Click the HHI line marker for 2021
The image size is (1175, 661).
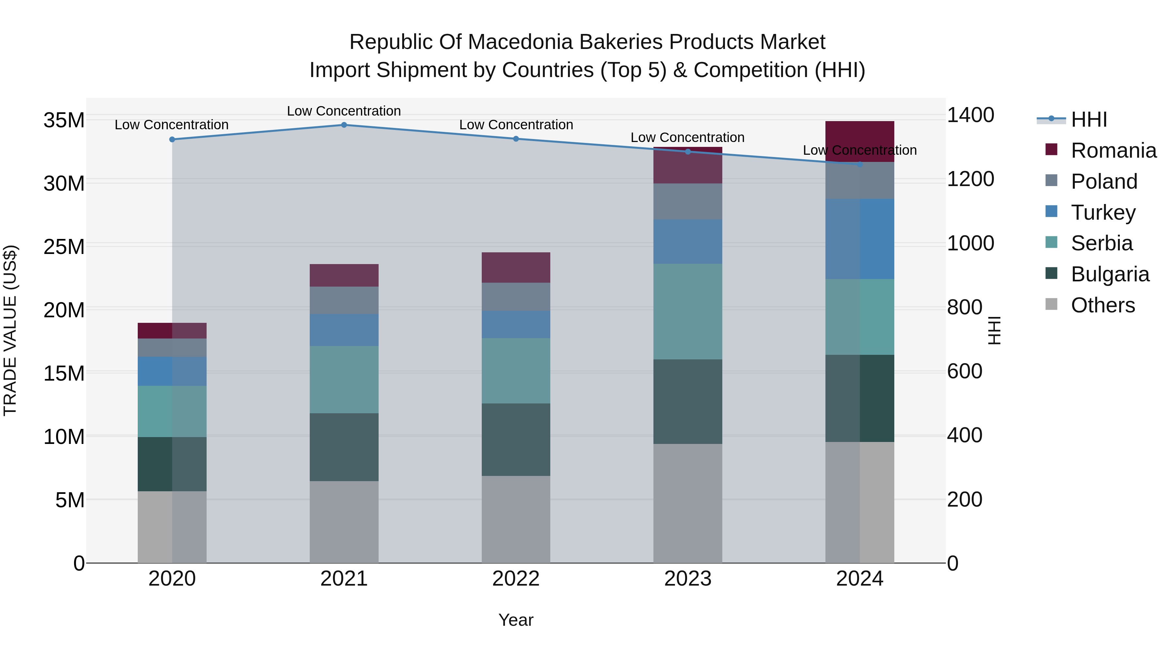click(x=344, y=125)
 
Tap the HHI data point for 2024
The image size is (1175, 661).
click(x=860, y=164)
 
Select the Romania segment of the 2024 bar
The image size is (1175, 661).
click(x=860, y=141)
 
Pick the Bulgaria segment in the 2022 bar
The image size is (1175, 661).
click(x=516, y=440)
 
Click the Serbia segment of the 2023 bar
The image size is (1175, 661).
click(x=688, y=312)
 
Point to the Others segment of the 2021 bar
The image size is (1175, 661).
click(x=344, y=522)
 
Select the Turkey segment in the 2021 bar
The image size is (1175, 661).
click(x=344, y=330)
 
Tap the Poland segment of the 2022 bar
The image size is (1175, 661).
click(x=516, y=297)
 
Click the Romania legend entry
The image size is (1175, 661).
click(x=1113, y=150)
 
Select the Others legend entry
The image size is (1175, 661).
click(x=1103, y=305)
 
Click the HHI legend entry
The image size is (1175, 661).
click(x=1089, y=119)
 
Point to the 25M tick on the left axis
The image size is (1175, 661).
click(x=64, y=247)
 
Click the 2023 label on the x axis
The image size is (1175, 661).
click(x=688, y=579)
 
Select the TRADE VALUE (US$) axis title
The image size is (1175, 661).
click(x=10, y=330)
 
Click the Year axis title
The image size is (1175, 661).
click(x=516, y=620)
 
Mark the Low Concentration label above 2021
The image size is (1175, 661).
click(x=344, y=111)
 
